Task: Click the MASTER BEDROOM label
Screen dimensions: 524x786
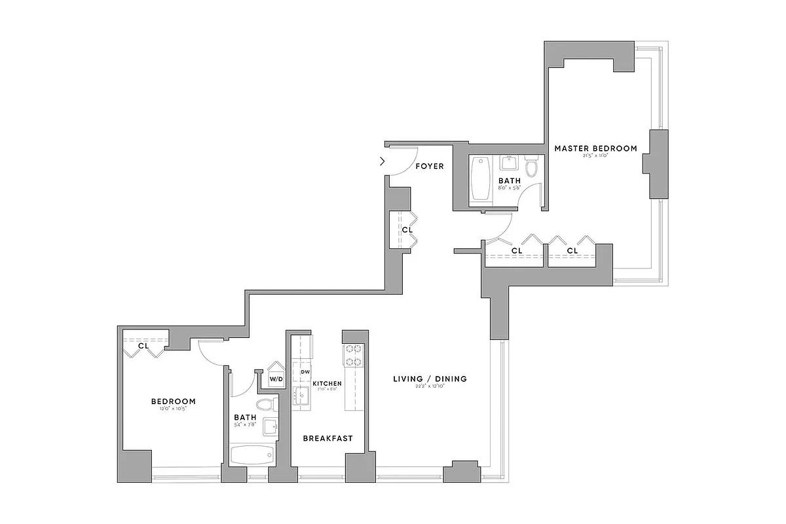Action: coord(595,148)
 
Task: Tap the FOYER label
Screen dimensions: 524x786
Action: coord(430,166)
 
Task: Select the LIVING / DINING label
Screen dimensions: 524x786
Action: coord(430,379)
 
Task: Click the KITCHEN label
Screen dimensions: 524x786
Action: coord(327,383)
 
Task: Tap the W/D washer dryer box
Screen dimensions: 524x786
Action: coord(276,379)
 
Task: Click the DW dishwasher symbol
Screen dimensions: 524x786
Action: coord(305,372)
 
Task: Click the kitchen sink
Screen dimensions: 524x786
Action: coord(302,396)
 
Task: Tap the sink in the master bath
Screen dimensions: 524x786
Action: coord(510,161)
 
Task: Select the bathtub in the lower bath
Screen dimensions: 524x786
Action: coord(252,455)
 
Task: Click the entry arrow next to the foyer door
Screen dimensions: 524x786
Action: coord(383,161)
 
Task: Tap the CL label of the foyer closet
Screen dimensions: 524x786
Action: coord(407,230)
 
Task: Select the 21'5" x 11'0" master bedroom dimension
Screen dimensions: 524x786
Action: coord(595,156)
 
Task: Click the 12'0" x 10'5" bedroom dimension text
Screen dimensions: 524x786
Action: coord(173,409)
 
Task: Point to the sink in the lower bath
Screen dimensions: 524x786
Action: coord(271,427)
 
